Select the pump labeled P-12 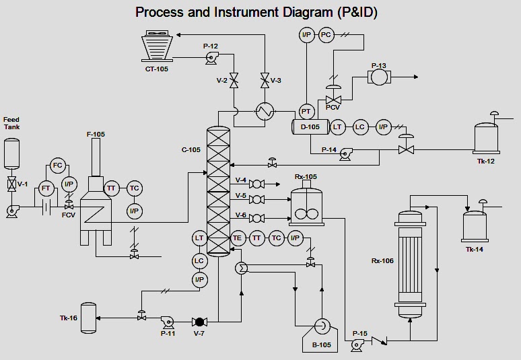pyautogui.click(x=211, y=59)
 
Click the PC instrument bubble pyautogui.click(x=326, y=36)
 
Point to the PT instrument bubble pyautogui.click(x=306, y=111)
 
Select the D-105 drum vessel pyautogui.click(x=310, y=127)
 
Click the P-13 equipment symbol pyautogui.click(x=379, y=78)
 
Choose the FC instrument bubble pyautogui.click(x=57, y=166)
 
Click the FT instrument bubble pyautogui.click(x=46, y=188)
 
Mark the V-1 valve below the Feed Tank pyautogui.click(x=11, y=183)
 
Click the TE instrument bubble pyautogui.click(x=237, y=238)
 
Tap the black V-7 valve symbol pyautogui.click(x=199, y=322)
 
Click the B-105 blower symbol pyautogui.click(x=321, y=328)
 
